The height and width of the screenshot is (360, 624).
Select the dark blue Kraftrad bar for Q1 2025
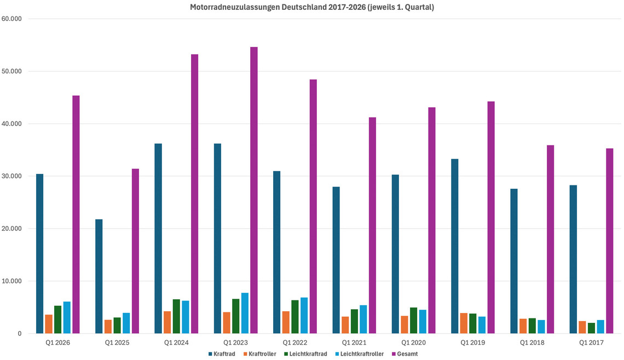point(99,276)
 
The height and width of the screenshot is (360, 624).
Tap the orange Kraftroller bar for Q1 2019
point(464,323)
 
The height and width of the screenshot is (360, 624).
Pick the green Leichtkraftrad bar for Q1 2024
point(176,316)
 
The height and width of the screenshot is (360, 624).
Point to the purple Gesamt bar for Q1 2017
point(610,241)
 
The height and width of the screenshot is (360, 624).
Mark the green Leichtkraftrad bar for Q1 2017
point(592,328)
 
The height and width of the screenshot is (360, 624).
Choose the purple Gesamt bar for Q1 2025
point(135,251)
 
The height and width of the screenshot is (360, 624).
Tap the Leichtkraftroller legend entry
point(359,354)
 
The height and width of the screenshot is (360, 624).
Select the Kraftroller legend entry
point(260,354)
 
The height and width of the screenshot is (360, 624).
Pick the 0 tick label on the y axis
point(19,334)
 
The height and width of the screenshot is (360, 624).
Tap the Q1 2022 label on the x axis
point(294,343)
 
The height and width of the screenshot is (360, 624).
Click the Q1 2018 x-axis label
point(532,343)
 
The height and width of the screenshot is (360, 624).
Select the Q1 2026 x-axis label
point(58,343)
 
